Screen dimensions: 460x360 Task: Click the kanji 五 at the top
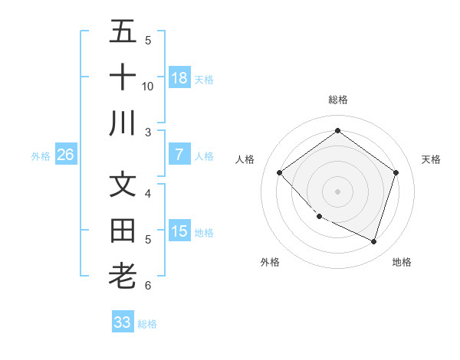[x=123, y=32]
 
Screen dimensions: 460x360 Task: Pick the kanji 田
[x=123, y=231]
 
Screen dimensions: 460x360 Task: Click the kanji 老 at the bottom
[x=123, y=276]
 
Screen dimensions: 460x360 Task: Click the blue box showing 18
[x=179, y=78]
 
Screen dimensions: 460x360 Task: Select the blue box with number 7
[x=179, y=155]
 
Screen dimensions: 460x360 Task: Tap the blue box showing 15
[x=179, y=231]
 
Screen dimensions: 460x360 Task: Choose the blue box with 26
[x=66, y=155]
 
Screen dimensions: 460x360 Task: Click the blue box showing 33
[x=123, y=322]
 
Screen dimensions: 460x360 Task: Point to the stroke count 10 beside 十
[x=148, y=86]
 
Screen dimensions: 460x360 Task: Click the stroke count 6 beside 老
[x=147, y=286]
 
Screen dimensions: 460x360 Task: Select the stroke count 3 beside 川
[x=147, y=133]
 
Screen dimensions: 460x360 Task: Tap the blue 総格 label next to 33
[x=147, y=324]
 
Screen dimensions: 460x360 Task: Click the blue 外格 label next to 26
[x=41, y=156]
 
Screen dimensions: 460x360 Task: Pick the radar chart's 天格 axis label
[x=431, y=159]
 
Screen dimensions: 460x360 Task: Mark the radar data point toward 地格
[x=373, y=241]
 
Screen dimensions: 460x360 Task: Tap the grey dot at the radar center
[x=337, y=191]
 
